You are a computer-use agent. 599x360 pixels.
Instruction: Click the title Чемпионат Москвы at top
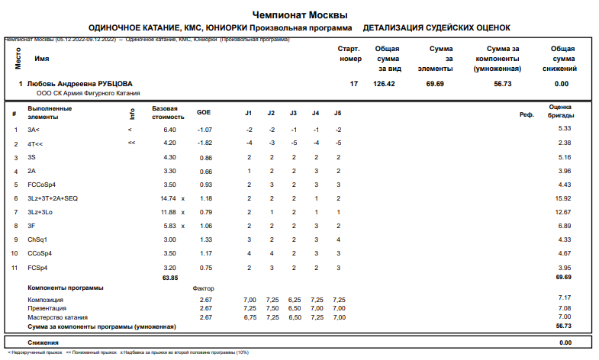tap(299, 15)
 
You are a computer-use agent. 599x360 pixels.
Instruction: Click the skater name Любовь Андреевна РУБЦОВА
tap(80, 84)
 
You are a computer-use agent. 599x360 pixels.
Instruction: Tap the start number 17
tap(353, 84)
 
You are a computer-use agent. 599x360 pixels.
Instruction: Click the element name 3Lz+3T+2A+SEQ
tap(52, 198)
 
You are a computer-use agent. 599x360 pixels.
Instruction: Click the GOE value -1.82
tap(204, 143)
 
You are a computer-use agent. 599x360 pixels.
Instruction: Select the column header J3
tap(293, 113)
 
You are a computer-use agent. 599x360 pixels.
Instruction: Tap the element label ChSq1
tap(37, 239)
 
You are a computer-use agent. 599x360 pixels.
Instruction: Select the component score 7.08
tap(564, 308)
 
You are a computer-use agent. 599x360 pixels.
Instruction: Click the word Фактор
tap(204, 288)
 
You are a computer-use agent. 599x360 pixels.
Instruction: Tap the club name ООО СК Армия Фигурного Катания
tap(88, 93)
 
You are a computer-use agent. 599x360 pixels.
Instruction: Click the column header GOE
tap(204, 113)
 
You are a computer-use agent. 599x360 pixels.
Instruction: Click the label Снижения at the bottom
tap(43, 342)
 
